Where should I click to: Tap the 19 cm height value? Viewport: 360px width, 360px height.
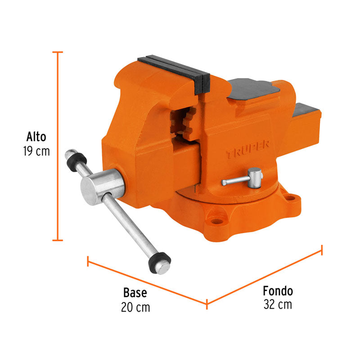36,151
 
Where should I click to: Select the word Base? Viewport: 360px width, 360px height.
135,293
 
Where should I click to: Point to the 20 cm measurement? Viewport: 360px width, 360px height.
135,307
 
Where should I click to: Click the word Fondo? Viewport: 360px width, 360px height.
278,291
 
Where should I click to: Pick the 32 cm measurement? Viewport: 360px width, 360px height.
278,305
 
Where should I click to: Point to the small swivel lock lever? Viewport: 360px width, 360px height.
243,179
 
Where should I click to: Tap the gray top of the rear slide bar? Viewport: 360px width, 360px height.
306,108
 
